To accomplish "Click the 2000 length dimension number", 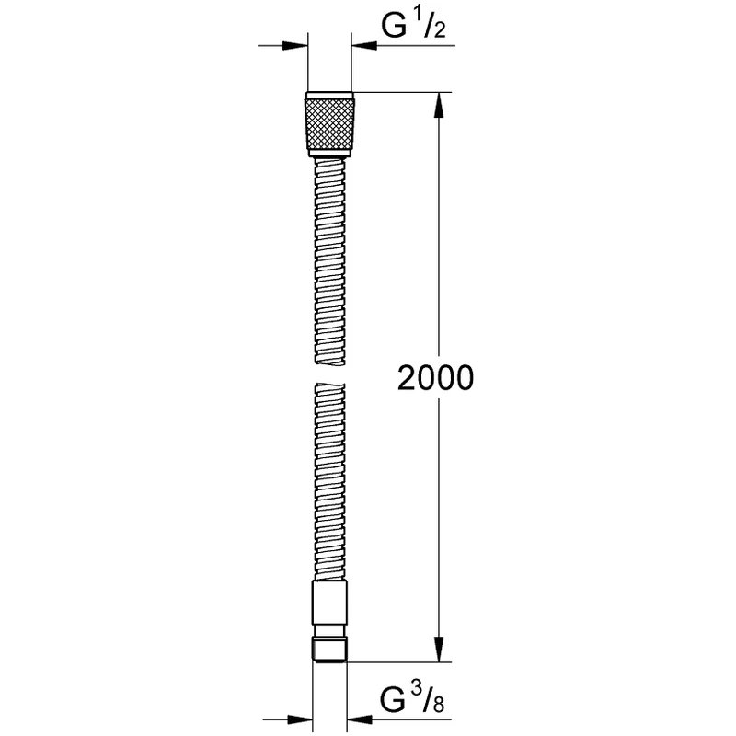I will (435, 377).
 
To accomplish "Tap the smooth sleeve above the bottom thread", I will (329, 607).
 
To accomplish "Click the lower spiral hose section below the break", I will (329, 478).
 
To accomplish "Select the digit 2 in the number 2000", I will (406, 377).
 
